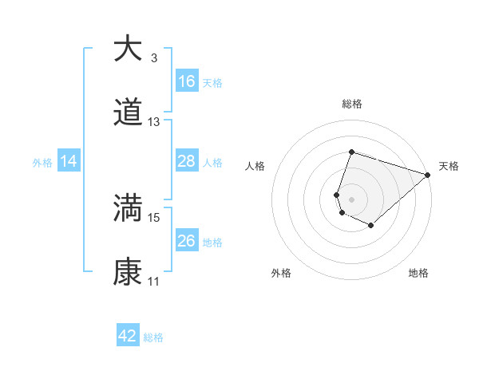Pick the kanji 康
pos(128,272)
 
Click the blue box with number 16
pos(187,81)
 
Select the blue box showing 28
pos(187,162)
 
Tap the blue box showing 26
pos(187,241)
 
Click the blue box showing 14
pos(69,162)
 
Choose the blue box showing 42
pos(128,336)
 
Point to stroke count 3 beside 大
pos(154,57)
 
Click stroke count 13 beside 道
pos(154,122)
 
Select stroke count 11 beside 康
pos(154,282)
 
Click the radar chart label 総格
pos(352,104)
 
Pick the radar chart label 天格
pos(449,166)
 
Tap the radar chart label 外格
pos(281,273)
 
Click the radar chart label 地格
pos(418,273)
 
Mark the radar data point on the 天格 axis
pos(428,175)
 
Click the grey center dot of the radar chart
pos(352,199)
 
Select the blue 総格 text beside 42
pos(153,337)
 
